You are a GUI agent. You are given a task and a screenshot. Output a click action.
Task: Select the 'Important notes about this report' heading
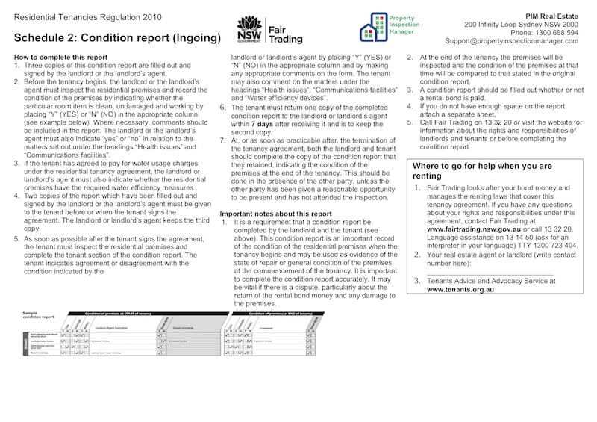pos(276,214)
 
